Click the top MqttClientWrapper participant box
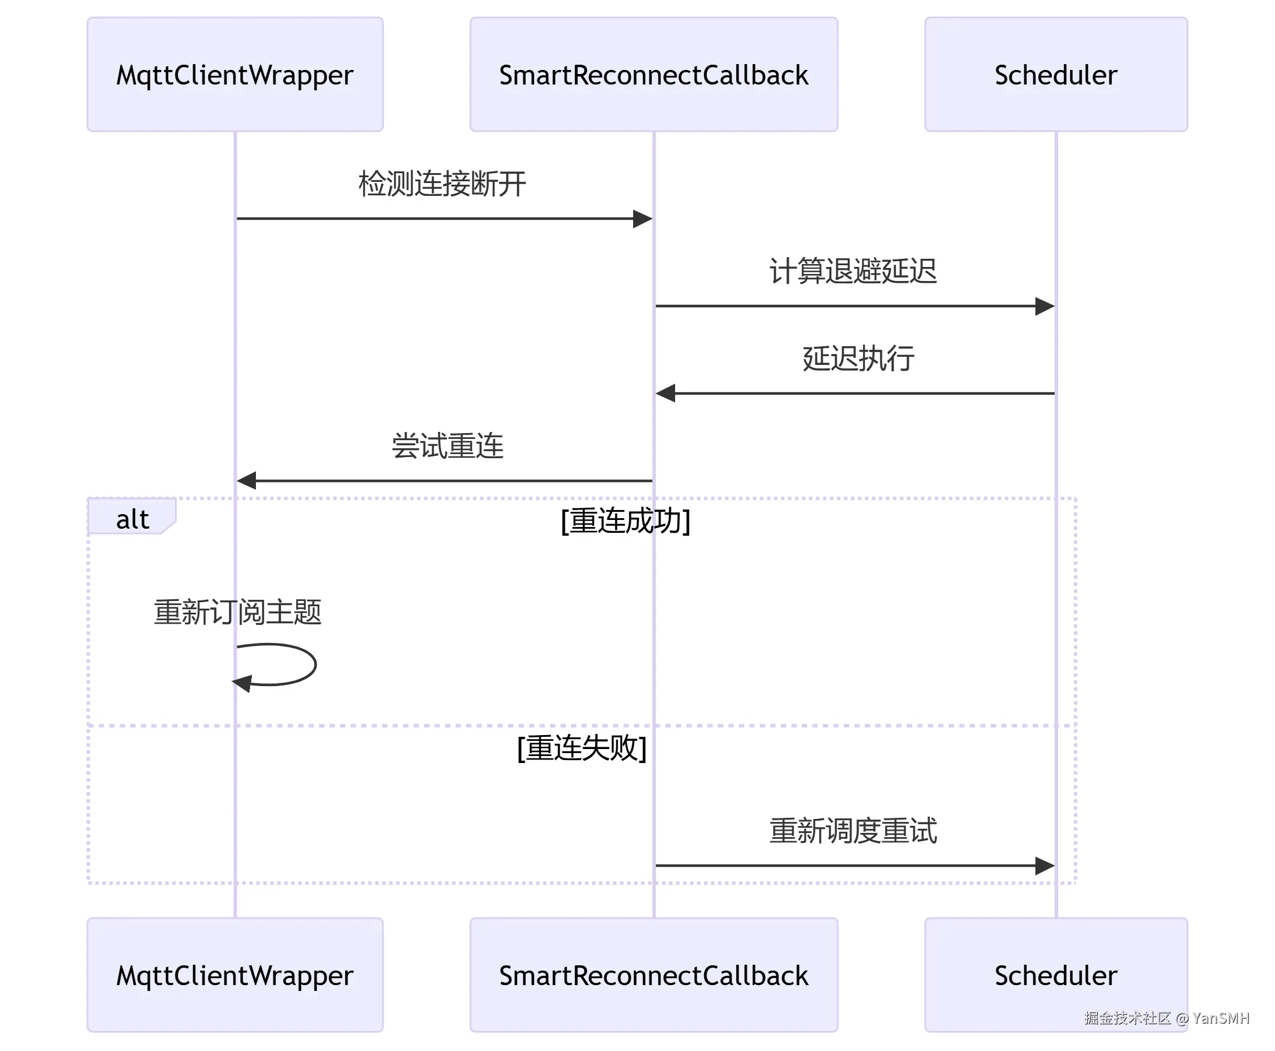pos(235,75)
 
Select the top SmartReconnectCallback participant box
pos(654,75)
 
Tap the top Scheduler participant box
pos(1056,75)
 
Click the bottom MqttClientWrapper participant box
pos(235,975)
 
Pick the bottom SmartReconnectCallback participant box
pos(654,975)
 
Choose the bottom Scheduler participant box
pos(1056,975)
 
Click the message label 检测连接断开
pos(442,184)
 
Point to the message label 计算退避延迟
pos(853,270)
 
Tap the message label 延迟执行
pos(858,358)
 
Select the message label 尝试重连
pos(447,445)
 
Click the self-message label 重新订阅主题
pos(237,612)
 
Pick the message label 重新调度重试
pos(853,831)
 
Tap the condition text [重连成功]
pos(626,521)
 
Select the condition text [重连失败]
pos(582,748)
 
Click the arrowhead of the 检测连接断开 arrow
pos(643,219)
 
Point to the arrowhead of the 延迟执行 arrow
pos(665,393)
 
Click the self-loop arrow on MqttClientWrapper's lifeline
pos(315,665)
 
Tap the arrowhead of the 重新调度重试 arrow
pos(1045,866)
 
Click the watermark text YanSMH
pos(1221,1018)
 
